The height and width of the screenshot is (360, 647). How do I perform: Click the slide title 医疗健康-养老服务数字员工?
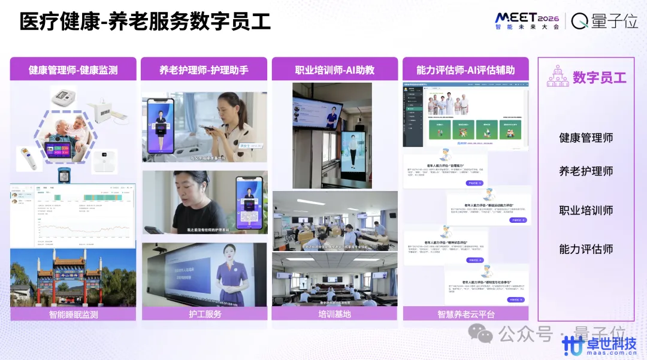(x=145, y=22)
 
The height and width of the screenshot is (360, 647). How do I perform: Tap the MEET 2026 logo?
(x=527, y=20)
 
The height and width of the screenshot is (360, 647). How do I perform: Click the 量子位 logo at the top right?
(x=604, y=21)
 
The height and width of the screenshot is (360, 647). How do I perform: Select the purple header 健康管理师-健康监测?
(x=73, y=69)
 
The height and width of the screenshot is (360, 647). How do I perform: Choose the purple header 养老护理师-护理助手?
(x=204, y=69)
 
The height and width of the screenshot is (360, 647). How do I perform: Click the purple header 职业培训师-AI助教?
(x=334, y=69)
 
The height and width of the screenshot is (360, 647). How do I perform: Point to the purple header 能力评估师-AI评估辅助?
(x=465, y=69)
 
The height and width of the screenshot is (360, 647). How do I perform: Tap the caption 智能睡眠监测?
(x=73, y=314)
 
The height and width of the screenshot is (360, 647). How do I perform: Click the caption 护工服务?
(x=204, y=314)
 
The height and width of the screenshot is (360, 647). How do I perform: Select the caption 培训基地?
(x=334, y=314)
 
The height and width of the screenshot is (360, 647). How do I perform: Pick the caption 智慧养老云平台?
(x=465, y=314)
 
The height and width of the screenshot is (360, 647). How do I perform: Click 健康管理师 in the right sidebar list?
(x=586, y=138)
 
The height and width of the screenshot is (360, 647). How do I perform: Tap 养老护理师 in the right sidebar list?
(x=586, y=171)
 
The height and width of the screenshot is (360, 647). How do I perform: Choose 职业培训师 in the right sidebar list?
(x=586, y=210)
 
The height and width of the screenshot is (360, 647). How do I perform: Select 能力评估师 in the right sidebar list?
(x=586, y=249)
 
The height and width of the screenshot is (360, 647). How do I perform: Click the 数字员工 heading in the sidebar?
(x=599, y=77)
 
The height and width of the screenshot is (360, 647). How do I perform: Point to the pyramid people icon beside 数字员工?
(x=557, y=77)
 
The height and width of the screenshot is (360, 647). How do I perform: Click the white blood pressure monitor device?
(x=66, y=96)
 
